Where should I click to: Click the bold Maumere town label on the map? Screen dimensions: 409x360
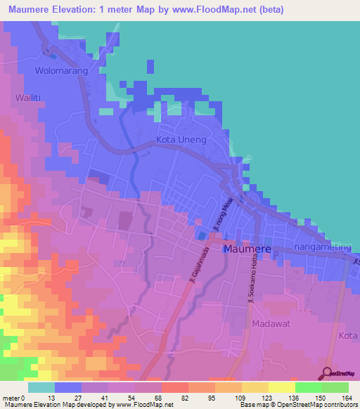pyautogui.click(x=246, y=249)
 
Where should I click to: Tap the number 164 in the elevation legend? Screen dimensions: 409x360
pyautogui.click(x=345, y=398)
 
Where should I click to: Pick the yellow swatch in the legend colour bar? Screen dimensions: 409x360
pyautogui.click(x=281, y=387)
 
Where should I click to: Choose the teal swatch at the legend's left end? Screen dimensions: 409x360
pyautogui.click(x=41, y=387)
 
